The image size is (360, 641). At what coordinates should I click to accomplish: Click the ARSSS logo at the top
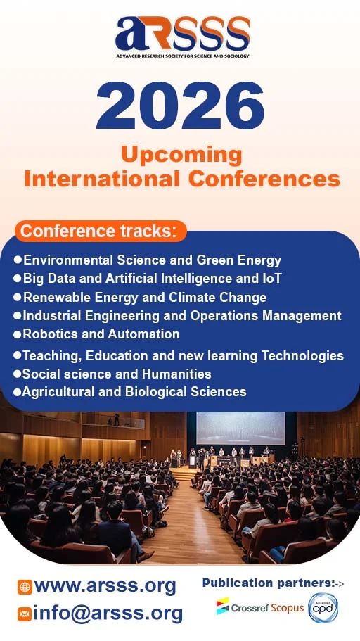182,35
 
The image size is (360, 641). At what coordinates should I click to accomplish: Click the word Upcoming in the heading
181,154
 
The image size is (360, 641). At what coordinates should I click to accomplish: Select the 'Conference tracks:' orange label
101,231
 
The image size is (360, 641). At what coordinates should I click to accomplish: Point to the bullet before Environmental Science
18,260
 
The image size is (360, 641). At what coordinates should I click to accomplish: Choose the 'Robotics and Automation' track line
101,334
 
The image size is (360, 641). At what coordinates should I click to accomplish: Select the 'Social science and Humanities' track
117,374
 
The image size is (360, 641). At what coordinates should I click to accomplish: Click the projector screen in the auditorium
240,427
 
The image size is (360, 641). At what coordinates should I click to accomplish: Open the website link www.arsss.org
105,585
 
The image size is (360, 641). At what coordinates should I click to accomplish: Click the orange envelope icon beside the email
25,614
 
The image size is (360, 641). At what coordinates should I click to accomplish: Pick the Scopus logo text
288,607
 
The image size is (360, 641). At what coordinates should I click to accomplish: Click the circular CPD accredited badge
323,607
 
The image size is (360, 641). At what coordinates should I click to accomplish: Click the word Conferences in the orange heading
264,179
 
